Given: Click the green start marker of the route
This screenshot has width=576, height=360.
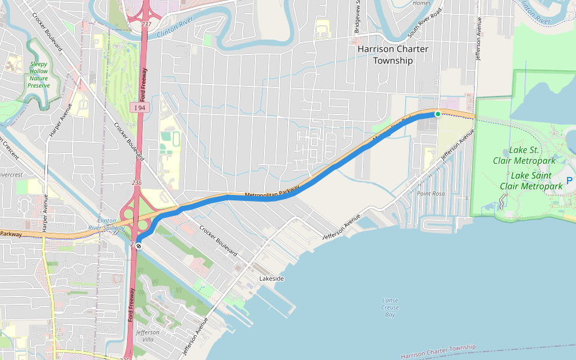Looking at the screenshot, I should click(438, 114).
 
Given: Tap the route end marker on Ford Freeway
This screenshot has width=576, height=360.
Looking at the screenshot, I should click(139, 245).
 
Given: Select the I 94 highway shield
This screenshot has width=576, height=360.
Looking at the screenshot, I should click(140, 107).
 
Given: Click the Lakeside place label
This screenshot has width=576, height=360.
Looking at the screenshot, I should click(271, 279).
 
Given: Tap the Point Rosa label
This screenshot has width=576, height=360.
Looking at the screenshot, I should click(431, 194).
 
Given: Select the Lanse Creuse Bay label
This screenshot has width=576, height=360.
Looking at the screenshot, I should click(390, 307).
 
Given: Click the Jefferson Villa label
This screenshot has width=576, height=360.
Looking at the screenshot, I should click(148, 335).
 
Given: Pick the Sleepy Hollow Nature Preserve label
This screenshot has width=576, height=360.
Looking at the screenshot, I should click(38, 74).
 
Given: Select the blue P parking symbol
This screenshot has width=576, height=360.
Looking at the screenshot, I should click(569, 181).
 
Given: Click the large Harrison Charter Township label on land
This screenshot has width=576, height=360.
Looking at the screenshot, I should click(393, 55).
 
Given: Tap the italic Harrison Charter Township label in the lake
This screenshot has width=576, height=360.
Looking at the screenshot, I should click(438, 352).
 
